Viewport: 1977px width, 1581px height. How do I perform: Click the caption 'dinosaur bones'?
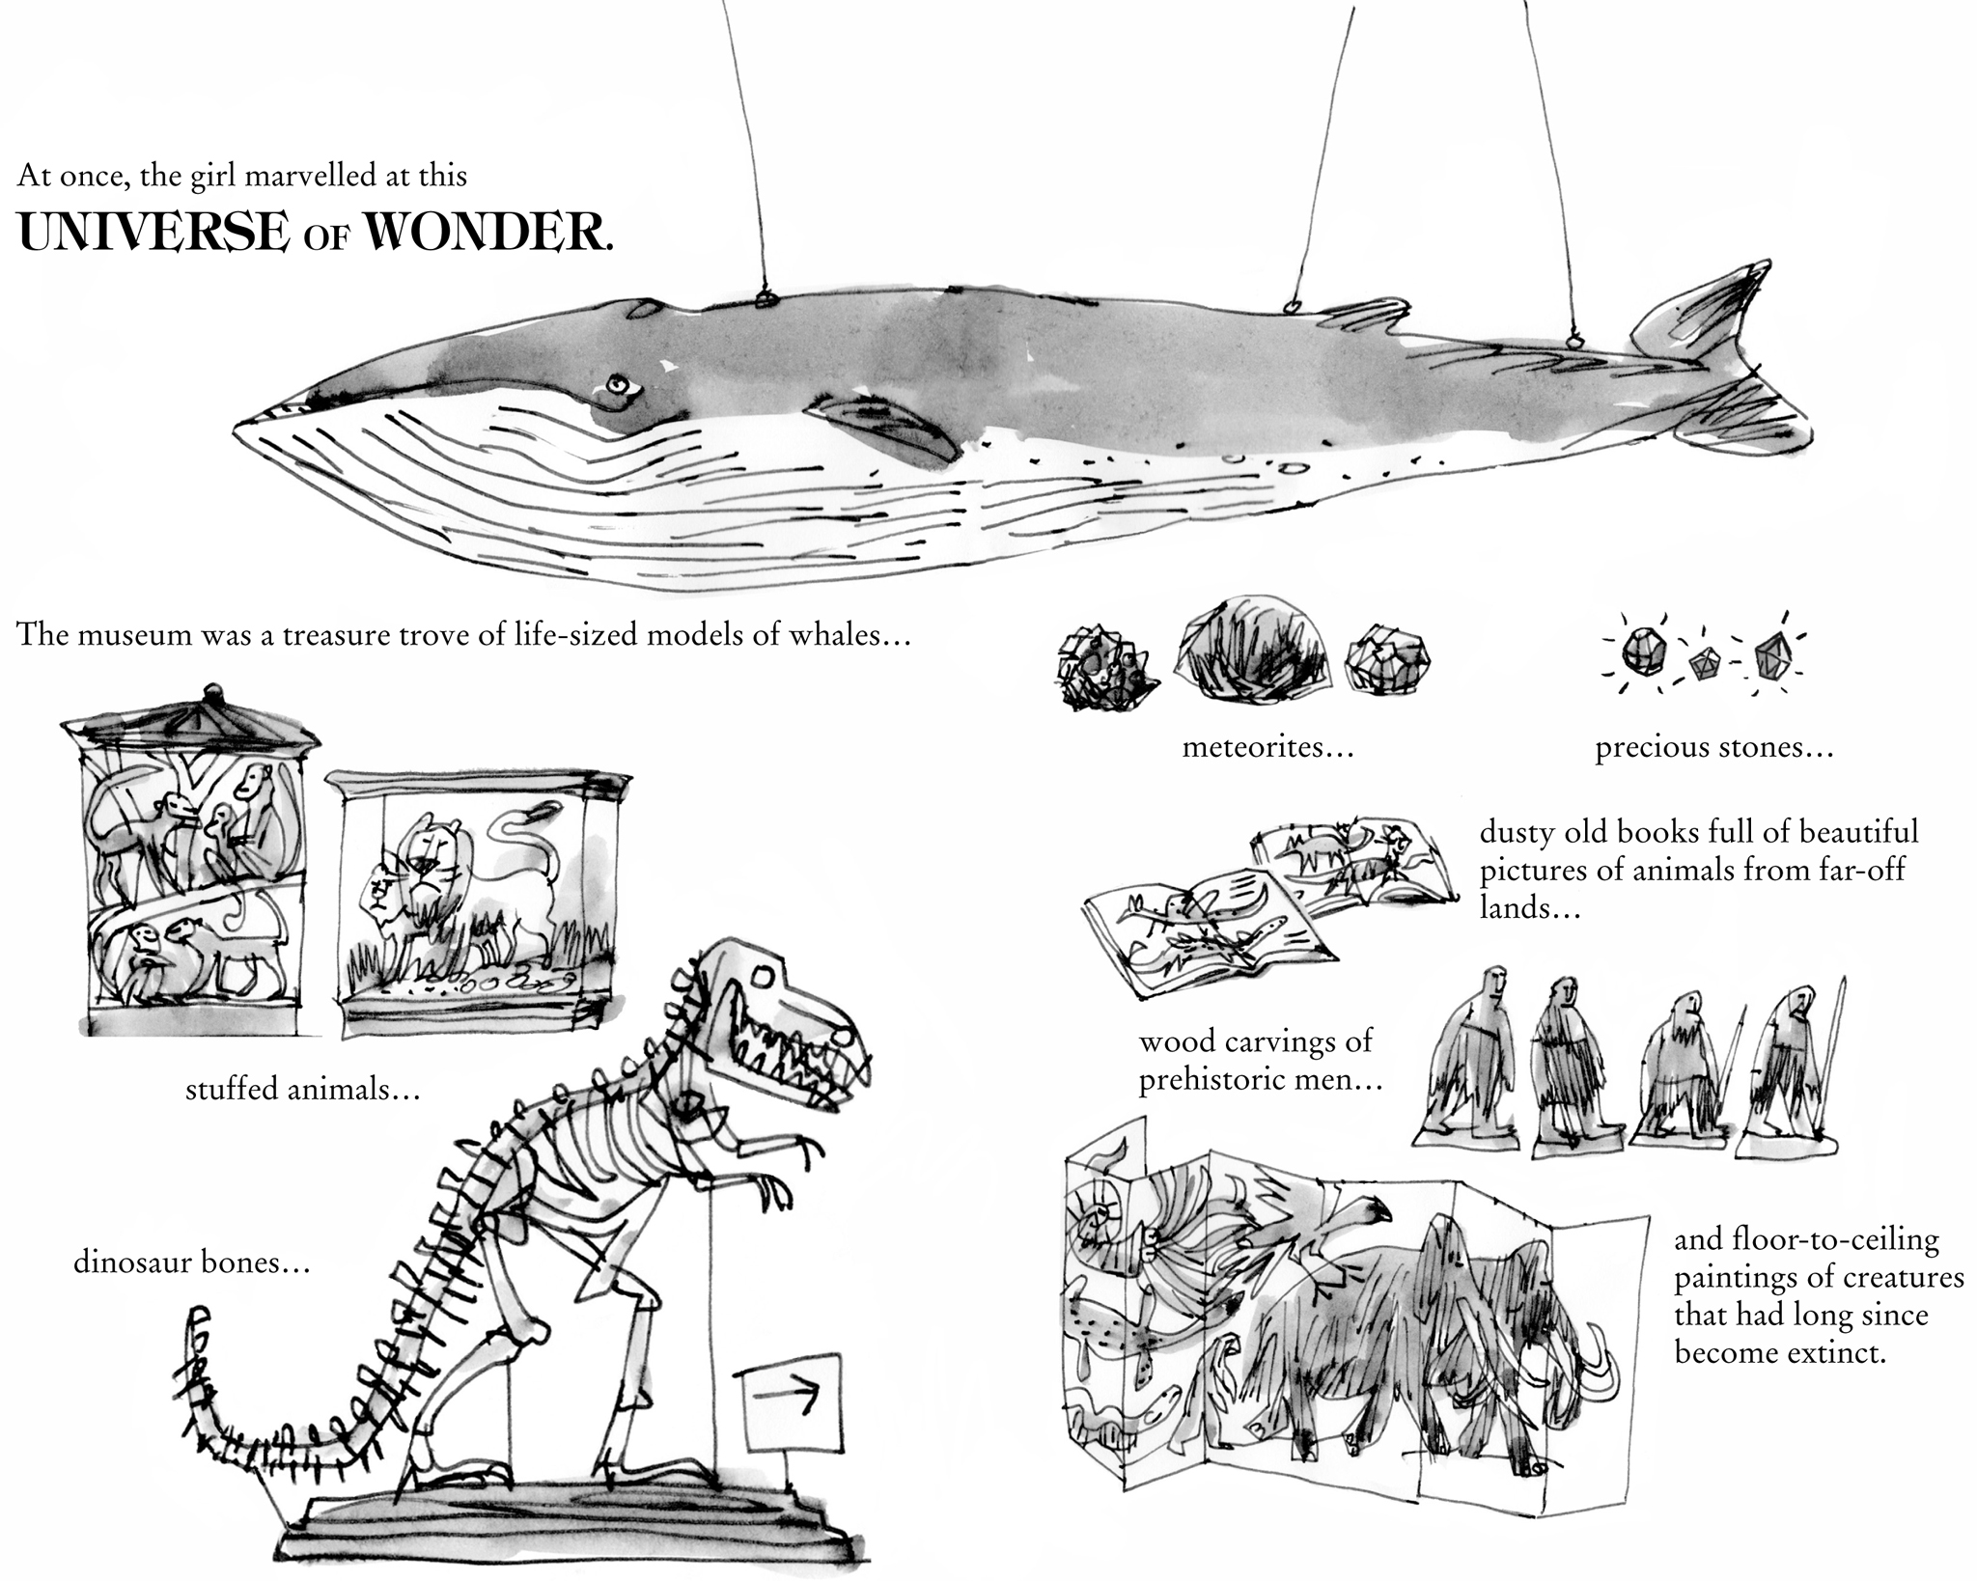pyautogui.click(x=192, y=1262)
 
